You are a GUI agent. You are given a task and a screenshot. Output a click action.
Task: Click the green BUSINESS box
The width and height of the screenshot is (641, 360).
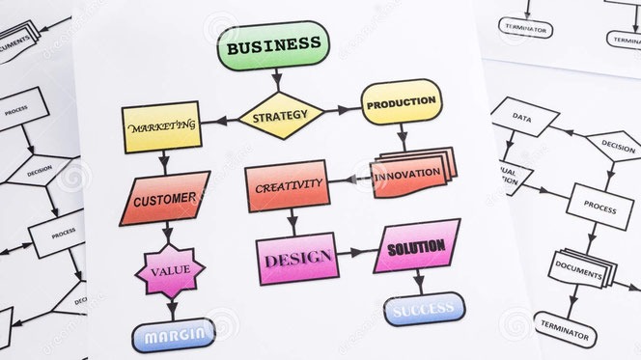[x=273, y=45]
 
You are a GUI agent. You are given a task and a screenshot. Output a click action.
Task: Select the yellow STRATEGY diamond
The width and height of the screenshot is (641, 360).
[x=280, y=116]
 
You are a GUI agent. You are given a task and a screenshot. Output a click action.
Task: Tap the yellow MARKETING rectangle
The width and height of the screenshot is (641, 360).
[x=162, y=126]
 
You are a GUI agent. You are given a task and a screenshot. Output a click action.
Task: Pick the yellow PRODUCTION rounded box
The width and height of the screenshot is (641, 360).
[x=401, y=101]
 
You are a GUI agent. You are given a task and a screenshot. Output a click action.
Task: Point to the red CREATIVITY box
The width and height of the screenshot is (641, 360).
[x=289, y=185]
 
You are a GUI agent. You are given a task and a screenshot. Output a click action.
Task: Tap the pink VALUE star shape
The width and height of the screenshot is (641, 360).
[x=170, y=272]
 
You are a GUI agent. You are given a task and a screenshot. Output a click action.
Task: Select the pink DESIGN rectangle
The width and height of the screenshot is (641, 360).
[x=297, y=258]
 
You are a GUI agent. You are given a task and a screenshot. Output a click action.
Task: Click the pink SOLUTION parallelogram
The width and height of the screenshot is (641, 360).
[x=416, y=247]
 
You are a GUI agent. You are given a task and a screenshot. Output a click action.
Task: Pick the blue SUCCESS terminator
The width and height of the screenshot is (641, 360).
[x=424, y=309]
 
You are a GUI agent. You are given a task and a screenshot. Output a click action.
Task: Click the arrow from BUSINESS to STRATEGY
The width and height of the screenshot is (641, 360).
[x=277, y=79]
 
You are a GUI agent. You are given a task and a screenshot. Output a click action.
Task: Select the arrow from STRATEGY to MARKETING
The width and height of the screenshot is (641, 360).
[x=220, y=121]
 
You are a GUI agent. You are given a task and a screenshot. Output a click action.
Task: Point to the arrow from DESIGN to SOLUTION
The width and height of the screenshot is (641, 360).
[x=355, y=253]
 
